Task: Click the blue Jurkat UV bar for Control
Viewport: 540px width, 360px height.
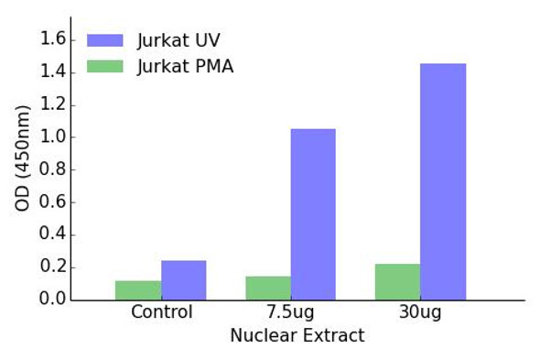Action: [184, 280]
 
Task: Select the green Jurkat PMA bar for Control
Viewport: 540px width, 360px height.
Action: [138, 290]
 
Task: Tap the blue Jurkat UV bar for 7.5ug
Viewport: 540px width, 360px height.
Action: [313, 214]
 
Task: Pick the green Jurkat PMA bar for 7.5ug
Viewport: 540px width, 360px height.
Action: [268, 288]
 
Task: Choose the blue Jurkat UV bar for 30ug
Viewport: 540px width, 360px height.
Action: [443, 181]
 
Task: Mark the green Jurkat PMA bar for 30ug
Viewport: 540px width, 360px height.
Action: [398, 282]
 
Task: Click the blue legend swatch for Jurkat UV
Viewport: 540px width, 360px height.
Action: [104, 40]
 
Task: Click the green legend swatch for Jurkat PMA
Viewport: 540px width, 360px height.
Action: [104, 66]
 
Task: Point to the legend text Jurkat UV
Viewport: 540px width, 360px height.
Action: [178, 40]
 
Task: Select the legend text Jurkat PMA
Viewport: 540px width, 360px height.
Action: [185, 66]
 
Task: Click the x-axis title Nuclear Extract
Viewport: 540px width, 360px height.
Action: [297, 336]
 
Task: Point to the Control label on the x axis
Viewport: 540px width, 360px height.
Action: [161, 312]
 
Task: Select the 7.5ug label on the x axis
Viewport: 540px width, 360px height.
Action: [290, 312]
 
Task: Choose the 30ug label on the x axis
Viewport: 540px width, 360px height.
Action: [420, 312]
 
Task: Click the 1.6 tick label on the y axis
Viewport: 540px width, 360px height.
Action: [54, 39]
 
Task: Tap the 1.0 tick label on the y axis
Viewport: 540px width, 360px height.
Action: [54, 137]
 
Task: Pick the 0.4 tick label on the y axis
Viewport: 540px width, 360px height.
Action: [54, 235]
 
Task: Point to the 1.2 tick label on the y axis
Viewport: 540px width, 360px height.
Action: [54, 104]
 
